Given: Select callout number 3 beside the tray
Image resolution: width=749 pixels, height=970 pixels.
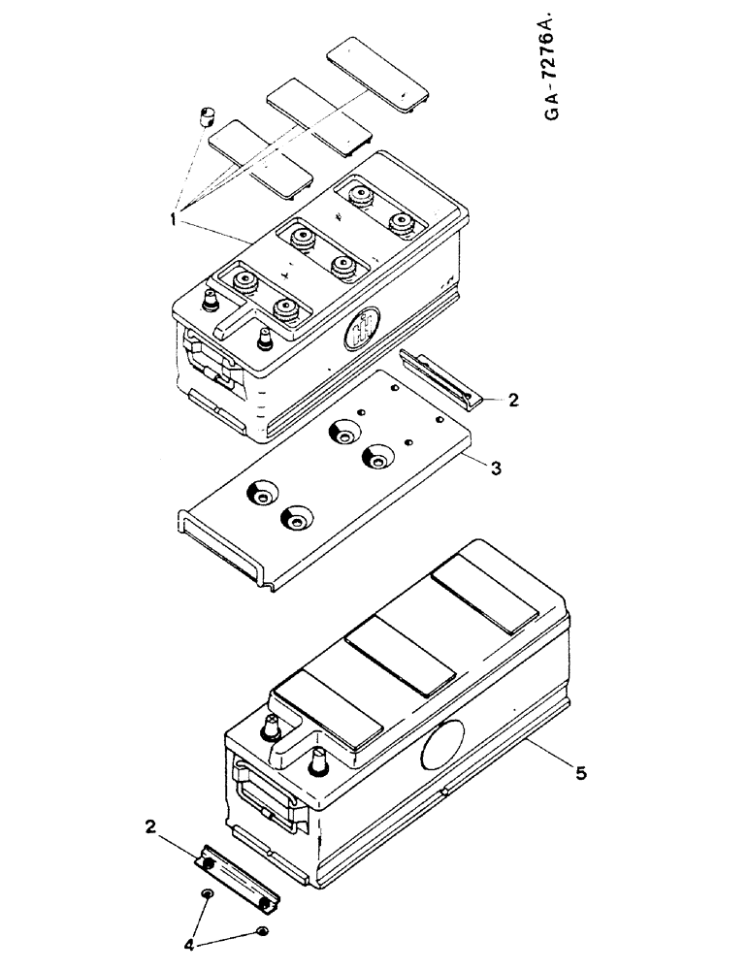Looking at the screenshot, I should (x=495, y=469).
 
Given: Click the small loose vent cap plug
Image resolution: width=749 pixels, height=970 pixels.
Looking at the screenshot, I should (x=205, y=118).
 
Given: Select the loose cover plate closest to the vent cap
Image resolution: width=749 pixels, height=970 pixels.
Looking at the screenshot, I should (x=260, y=157).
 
